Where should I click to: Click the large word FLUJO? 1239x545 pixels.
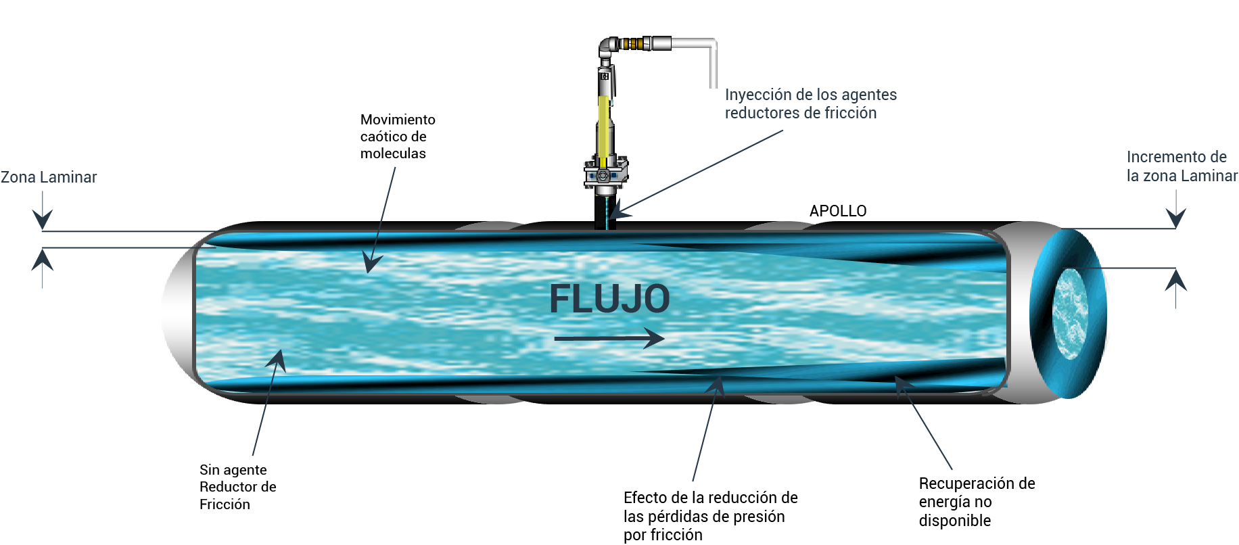click(x=609, y=299)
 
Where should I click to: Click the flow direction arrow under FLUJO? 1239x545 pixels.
click(x=609, y=338)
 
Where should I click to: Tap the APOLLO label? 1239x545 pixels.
click(x=838, y=211)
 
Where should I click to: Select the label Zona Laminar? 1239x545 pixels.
click(x=49, y=177)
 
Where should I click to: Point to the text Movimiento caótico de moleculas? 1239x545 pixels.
click(x=398, y=137)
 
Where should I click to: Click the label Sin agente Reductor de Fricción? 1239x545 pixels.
click(x=237, y=487)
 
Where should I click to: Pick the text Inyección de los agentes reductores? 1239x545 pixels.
click(x=811, y=103)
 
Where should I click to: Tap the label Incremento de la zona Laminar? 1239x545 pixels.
click(x=1182, y=166)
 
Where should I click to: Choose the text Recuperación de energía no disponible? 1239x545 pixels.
click(x=977, y=502)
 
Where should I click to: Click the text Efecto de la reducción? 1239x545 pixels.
click(x=710, y=498)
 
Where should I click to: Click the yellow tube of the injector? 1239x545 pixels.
click(x=603, y=132)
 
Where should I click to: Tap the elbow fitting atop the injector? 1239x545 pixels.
click(x=609, y=47)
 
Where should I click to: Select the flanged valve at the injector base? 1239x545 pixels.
click(x=605, y=174)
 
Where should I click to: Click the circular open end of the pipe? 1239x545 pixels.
click(x=1069, y=314)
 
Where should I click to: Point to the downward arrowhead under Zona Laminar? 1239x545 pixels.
click(x=43, y=219)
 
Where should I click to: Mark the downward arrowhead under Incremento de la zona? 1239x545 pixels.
click(x=1176, y=218)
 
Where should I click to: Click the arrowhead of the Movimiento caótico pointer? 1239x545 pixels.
click(x=371, y=263)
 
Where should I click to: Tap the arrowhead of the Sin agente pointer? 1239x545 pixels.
click(x=277, y=360)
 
